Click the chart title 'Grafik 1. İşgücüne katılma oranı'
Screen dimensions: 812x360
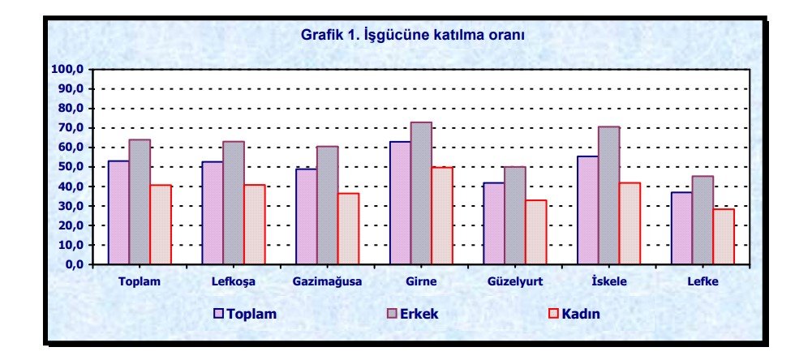tap(413, 36)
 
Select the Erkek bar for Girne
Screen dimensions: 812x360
tap(421, 193)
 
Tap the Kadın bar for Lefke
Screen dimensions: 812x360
tap(724, 237)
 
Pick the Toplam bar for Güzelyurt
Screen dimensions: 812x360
tap(494, 224)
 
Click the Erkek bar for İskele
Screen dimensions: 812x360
tap(608, 195)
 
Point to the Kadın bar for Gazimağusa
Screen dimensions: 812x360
tap(348, 229)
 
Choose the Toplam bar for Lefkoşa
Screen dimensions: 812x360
tap(213, 213)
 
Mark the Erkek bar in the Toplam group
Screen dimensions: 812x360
tap(140, 202)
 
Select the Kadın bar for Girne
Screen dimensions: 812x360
tap(442, 216)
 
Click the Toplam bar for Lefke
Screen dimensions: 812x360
tap(681, 229)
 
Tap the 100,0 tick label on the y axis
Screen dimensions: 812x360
tap(69, 70)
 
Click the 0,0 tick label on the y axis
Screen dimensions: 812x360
tap(75, 264)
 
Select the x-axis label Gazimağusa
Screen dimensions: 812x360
tap(327, 282)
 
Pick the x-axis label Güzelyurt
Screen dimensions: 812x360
tap(514, 282)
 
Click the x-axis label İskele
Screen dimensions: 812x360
tap(609, 282)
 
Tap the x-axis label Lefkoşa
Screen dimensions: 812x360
tap(233, 283)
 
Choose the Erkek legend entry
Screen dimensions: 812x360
tap(413, 314)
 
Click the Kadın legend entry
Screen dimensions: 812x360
tap(574, 314)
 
